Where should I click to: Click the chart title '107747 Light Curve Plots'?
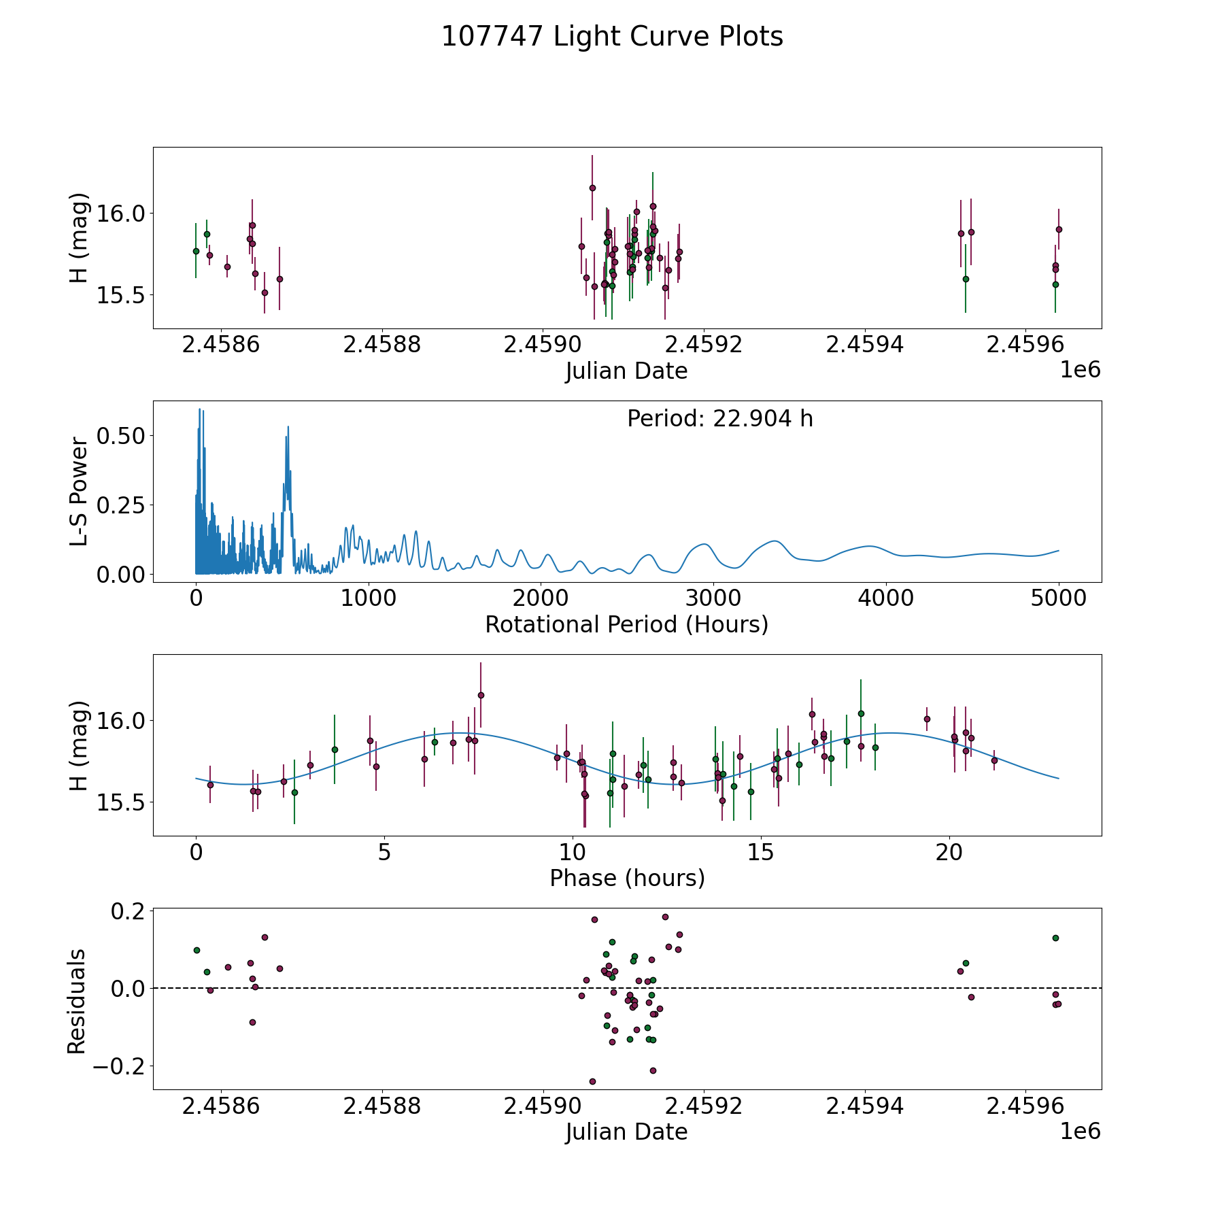pos(612,37)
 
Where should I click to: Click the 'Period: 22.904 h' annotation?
pos(719,419)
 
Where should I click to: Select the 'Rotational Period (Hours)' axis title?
pos(626,624)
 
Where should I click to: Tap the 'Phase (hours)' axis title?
pos(627,878)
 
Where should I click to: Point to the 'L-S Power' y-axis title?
pos(80,492)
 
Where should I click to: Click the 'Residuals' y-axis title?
pos(77,1001)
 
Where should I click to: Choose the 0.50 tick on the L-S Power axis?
pos(121,436)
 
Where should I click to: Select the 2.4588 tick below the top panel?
pos(381,345)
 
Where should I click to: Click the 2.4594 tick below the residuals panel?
pos(864,1106)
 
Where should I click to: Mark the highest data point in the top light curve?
pos(592,188)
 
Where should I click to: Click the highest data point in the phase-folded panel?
pos(481,695)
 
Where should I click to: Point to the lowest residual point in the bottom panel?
pos(592,1081)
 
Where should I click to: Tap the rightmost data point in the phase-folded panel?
pos(994,760)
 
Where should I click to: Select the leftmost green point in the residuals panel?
pos(197,950)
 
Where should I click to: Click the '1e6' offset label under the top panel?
pos(1080,370)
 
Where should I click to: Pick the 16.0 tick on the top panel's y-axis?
pos(121,214)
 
